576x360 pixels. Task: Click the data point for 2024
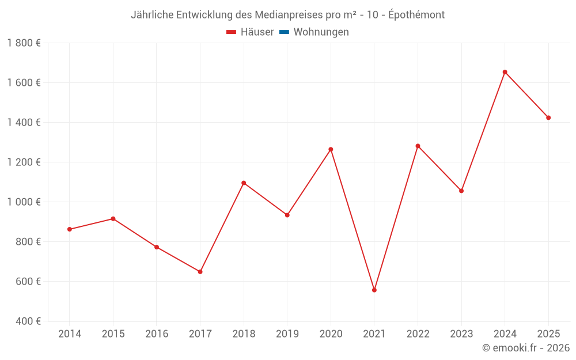click(505, 72)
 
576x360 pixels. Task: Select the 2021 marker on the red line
click(374, 290)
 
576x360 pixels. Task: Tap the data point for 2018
click(244, 183)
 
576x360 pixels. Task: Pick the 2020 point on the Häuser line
click(331, 149)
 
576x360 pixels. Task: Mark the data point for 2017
click(200, 271)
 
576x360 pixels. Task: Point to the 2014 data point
click(70, 229)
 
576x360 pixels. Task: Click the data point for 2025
click(548, 118)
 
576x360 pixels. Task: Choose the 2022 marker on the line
click(418, 146)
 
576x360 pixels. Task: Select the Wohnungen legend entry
click(321, 32)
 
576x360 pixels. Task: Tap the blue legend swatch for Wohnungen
click(284, 32)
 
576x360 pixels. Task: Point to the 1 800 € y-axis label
click(24, 43)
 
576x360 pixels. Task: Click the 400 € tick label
click(28, 321)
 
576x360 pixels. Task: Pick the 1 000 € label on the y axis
click(24, 202)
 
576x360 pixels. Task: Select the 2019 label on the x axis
click(287, 334)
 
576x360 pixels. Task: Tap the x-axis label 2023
click(461, 334)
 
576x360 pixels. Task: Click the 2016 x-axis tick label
click(157, 334)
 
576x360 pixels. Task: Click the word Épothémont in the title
click(416, 15)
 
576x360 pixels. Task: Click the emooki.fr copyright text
click(526, 348)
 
